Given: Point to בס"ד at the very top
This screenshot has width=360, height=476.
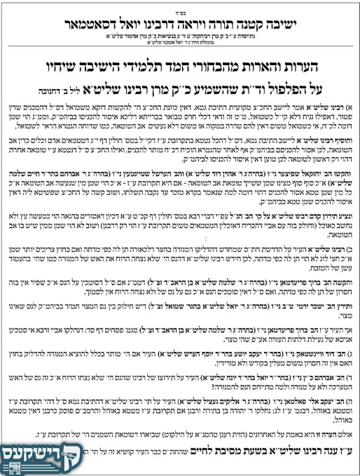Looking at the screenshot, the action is click(x=180, y=4).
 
